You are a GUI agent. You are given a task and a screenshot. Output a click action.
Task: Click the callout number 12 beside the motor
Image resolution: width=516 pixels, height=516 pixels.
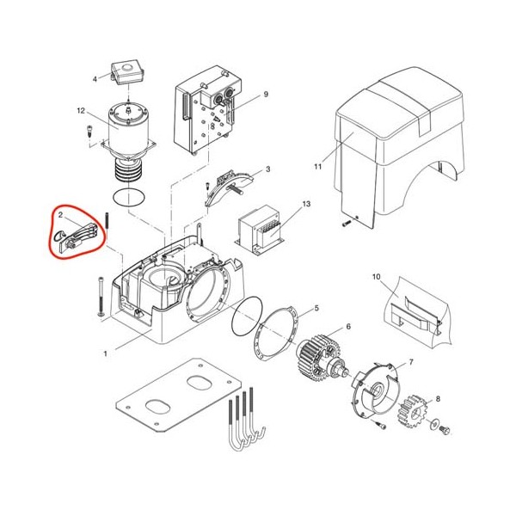tap(81, 111)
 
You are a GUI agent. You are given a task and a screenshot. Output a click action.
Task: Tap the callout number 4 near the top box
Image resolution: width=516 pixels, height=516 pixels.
tap(95, 79)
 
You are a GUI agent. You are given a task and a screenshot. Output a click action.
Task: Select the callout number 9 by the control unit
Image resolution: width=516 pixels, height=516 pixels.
tap(266, 95)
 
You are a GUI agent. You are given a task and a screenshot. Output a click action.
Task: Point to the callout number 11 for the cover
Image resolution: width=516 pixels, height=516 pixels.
tap(317, 167)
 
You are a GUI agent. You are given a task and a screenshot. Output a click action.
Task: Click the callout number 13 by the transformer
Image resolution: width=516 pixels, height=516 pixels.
tap(306, 204)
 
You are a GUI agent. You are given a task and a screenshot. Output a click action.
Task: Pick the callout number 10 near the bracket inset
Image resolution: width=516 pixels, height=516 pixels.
tap(376, 277)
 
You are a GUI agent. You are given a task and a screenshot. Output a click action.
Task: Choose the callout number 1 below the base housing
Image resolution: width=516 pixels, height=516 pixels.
tap(105, 354)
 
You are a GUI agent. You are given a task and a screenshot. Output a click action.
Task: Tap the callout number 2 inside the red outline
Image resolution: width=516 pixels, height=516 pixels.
tap(60, 215)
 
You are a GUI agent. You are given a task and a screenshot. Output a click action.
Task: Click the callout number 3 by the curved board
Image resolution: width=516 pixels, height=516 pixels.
tap(268, 169)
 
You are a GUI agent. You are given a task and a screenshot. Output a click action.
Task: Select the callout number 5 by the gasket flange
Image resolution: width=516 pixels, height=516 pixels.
tap(316, 309)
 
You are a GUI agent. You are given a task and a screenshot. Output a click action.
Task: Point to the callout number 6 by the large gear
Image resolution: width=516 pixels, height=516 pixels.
tap(348, 327)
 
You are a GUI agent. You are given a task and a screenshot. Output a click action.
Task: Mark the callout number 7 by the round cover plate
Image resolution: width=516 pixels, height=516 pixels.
tap(411, 362)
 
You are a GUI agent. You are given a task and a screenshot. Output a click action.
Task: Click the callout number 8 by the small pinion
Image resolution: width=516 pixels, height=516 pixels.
tap(438, 399)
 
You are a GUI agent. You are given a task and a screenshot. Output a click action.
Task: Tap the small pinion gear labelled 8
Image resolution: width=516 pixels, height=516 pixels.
tap(412, 411)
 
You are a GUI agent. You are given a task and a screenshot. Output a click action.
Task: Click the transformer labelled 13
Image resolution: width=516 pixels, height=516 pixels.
tap(259, 230)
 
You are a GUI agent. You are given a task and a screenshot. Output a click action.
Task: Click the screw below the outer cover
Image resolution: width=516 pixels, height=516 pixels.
tap(345, 224)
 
